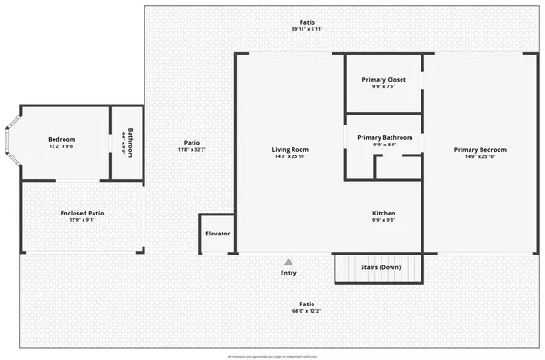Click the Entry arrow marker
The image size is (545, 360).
289,262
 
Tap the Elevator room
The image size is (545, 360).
217,234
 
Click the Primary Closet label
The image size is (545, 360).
383,80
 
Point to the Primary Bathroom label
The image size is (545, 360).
383,137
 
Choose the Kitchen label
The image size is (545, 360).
383,214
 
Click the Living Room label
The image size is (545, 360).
291,149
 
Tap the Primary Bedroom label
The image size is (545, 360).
480,149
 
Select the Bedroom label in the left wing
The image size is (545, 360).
62,139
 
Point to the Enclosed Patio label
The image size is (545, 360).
82,213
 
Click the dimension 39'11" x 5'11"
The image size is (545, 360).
307,29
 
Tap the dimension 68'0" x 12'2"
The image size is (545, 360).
307,311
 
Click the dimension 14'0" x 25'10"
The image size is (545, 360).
291,156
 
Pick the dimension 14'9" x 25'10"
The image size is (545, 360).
480,156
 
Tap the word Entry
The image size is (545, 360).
288,273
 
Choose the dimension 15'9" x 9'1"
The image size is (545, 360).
82,220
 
